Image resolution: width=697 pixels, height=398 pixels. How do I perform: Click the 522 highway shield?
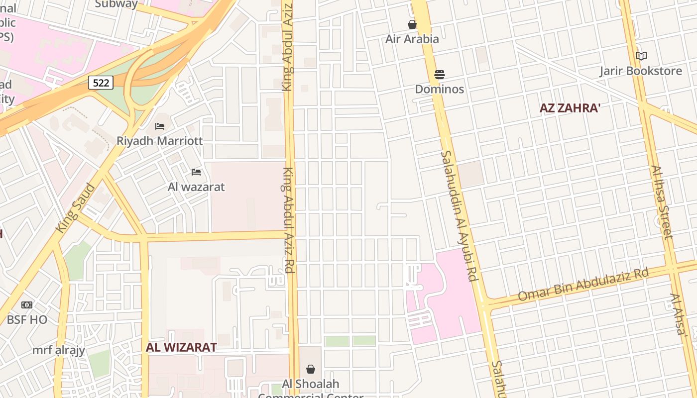point(101,83)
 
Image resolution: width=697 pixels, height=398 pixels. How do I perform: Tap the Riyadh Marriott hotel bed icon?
point(160,126)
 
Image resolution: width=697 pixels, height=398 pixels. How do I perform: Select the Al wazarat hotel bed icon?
point(196,172)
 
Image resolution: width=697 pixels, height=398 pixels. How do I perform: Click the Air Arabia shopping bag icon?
point(412,24)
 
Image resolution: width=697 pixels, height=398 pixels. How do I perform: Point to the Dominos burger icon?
point(440,75)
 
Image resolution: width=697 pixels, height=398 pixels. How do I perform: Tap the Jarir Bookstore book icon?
point(641,56)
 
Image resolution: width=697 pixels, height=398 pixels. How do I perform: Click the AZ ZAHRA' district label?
point(569,108)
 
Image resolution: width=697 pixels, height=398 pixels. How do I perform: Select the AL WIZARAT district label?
point(181,347)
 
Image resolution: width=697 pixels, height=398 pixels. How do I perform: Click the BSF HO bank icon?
point(27,305)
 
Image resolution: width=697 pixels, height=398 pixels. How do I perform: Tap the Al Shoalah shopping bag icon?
point(311,369)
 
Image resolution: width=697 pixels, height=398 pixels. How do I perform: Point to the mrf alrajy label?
point(59,350)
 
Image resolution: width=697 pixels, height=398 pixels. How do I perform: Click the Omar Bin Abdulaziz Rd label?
point(583,285)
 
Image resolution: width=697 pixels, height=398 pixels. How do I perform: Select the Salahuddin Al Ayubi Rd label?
point(459,216)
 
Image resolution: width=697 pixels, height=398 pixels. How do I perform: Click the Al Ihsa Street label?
point(662,202)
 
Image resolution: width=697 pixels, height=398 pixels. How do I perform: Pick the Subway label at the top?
point(116,4)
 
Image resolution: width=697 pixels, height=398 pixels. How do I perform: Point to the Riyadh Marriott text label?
point(159,141)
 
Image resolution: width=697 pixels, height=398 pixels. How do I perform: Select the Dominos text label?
point(440,89)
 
